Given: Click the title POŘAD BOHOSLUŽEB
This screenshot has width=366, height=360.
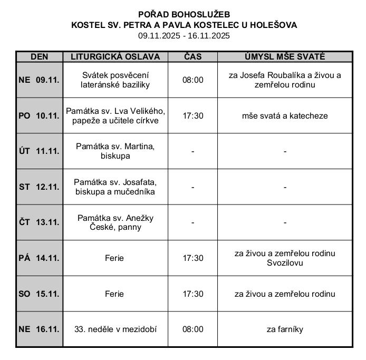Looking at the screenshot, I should pos(184,14).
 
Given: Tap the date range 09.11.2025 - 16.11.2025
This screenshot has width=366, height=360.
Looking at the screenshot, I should pos(184,36).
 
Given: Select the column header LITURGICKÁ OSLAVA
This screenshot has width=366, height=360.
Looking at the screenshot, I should pos(115,56).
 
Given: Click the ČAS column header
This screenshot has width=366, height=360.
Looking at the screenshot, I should pos(192,56).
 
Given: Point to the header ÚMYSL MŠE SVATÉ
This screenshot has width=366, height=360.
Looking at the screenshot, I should pos(285,56).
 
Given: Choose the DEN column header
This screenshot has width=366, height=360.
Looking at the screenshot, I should pos(39,56).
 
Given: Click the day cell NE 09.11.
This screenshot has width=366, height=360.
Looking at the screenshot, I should pos(39,80).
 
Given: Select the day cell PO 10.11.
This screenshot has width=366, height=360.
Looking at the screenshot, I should pos(39,115).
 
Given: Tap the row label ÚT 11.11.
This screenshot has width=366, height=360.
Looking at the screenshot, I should pos(39,151).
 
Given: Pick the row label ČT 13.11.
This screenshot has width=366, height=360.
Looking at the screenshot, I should pos(39,222).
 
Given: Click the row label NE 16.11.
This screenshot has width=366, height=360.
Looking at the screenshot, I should pos(39,329).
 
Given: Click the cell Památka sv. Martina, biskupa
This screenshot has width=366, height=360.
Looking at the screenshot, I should pos(115,151).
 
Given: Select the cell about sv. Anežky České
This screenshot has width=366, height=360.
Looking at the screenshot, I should pos(115,222).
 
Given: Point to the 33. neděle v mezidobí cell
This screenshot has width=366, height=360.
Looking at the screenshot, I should pos(115,329).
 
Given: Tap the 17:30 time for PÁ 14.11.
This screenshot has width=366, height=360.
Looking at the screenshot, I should pos(192,258).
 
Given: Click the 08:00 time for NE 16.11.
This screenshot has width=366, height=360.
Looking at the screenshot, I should pos(192,329).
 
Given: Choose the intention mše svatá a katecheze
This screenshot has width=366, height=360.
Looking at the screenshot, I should pos(285,115).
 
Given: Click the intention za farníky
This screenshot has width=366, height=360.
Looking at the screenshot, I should pos(285,329).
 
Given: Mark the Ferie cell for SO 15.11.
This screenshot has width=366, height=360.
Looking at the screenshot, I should pos(114,294).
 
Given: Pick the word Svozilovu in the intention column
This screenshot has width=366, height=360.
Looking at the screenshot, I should pos(285,262).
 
